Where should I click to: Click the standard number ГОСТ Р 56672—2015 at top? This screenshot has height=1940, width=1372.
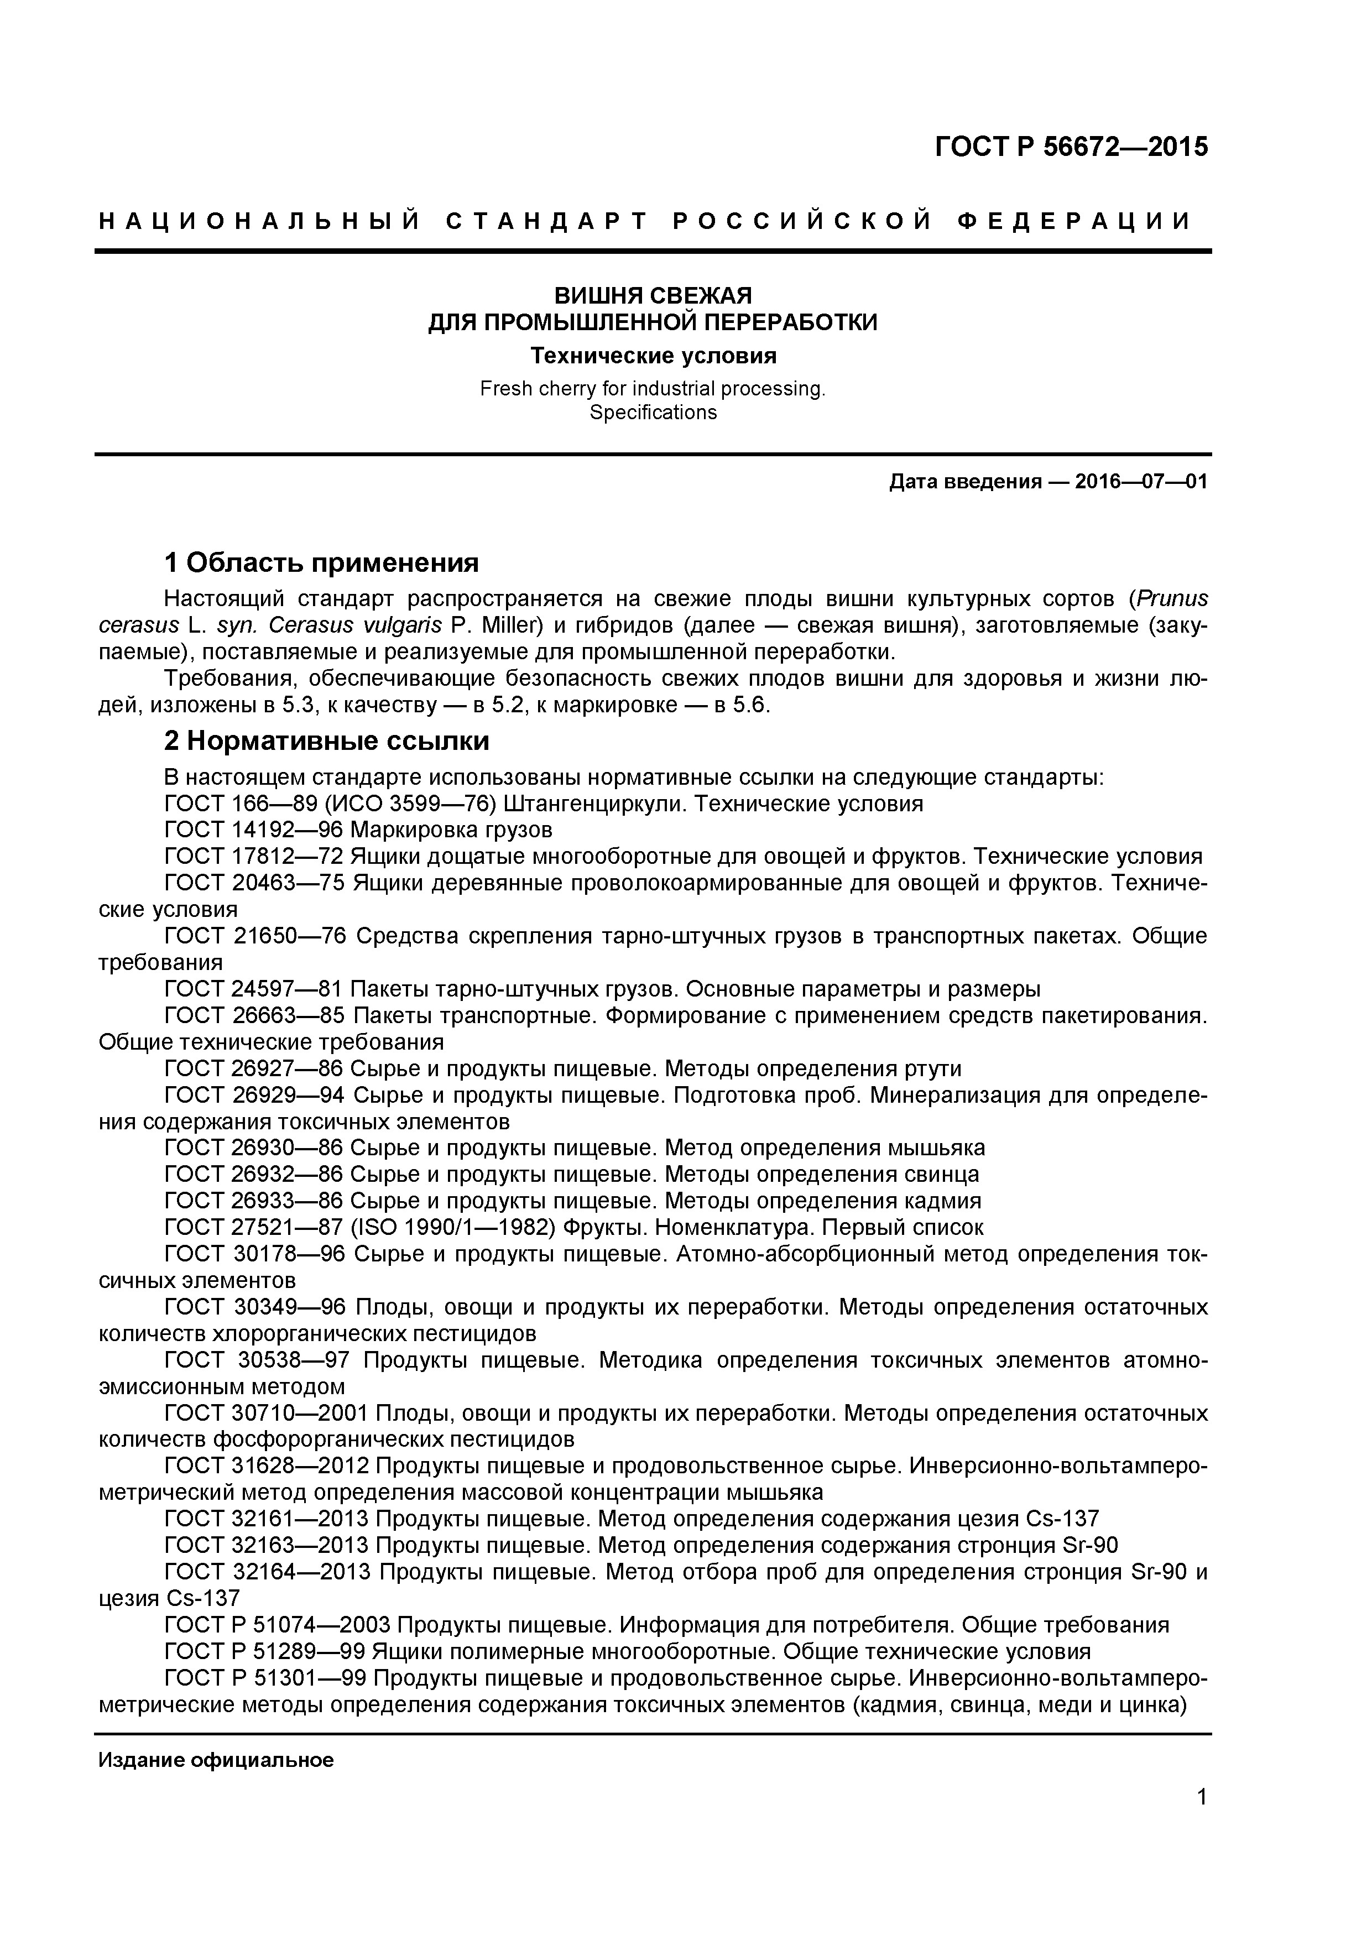pyautogui.click(x=1071, y=147)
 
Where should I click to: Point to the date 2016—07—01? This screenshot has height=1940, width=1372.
pyautogui.click(x=1140, y=482)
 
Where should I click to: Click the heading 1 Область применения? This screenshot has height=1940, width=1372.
pyautogui.click(x=321, y=563)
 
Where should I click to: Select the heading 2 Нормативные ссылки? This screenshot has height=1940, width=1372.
pyautogui.click(x=326, y=741)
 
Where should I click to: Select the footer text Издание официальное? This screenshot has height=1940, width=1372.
pyautogui.click(x=216, y=1760)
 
